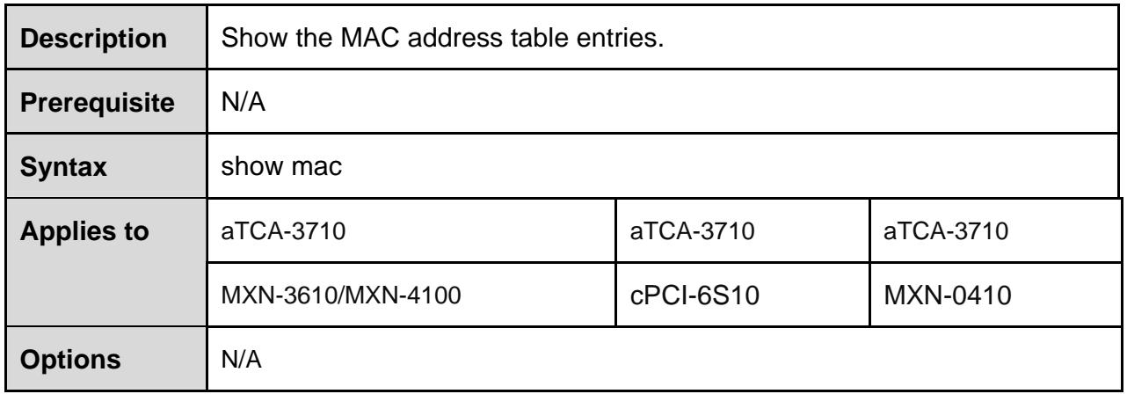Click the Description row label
coord(93,38)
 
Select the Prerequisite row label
coord(98,103)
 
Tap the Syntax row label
coord(63,167)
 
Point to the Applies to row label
coord(84,231)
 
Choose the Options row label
coord(70,360)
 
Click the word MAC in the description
coord(370,38)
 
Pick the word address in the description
coord(454,38)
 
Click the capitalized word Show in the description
coord(254,38)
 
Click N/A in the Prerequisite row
coord(243,102)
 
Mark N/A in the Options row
coord(242,360)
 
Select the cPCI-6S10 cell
coord(694,295)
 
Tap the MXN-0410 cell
coord(948,295)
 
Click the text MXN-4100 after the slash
coord(404,295)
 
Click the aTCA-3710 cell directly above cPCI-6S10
coord(693,231)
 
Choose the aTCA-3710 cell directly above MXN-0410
coord(946,231)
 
